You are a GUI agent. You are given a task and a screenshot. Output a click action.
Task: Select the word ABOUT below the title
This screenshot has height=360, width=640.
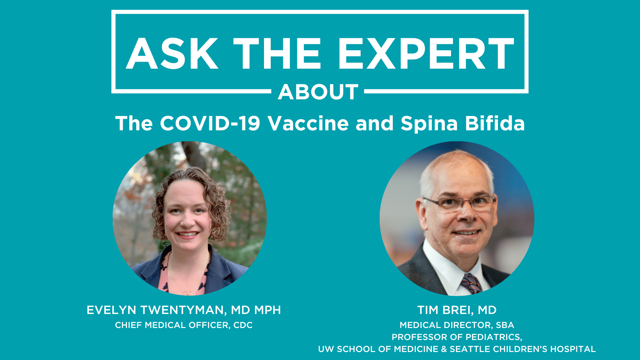(318, 92)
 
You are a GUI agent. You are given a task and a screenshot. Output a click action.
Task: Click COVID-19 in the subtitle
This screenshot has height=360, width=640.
(210, 123)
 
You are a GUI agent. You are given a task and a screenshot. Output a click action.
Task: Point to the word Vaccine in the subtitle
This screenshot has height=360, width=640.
(308, 123)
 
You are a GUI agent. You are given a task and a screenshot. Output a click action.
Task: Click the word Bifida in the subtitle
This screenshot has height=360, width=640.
(495, 123)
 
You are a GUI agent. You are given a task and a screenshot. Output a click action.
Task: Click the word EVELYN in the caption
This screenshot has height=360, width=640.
(111, 310)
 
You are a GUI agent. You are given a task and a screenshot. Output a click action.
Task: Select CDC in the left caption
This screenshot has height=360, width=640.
(243, 325)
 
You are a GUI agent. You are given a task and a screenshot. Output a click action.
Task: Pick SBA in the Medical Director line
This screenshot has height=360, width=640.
(505, 325)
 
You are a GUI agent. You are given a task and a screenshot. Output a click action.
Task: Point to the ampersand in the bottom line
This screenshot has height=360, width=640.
(444, 349)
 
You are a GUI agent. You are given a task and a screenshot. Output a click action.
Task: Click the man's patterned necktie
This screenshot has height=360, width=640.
(471, 283)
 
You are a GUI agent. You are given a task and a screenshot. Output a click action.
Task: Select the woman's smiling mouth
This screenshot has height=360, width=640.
(187, 234)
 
